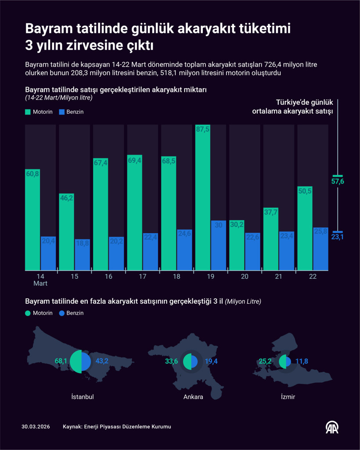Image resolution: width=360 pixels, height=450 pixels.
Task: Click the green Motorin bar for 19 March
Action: [202, 198]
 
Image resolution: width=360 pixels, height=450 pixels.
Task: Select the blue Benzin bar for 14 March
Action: [48, 253]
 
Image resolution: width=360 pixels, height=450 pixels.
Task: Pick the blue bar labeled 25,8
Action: [321, 248]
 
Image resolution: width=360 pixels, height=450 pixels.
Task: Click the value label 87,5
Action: [202, 130]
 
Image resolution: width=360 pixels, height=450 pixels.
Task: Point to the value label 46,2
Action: [66, 198]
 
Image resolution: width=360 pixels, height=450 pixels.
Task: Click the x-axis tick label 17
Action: [142, 277]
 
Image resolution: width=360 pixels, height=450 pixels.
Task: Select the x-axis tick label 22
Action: [313, 277]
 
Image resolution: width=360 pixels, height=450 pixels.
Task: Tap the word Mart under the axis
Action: [40, 283]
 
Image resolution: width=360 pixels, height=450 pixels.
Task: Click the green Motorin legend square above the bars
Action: [28, 112]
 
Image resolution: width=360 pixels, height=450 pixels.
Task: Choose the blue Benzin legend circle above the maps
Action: [62, 313]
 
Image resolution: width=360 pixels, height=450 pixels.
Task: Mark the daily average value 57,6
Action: [338, 181]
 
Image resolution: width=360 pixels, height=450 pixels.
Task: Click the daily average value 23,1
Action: [338, 237]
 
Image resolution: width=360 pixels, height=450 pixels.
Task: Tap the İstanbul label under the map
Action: [82, 397]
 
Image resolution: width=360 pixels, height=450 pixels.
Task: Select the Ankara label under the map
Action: [193, 397]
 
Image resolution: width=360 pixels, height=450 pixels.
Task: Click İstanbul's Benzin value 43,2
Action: [102, 361]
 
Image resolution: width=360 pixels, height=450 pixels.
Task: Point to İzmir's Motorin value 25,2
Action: [265, 361]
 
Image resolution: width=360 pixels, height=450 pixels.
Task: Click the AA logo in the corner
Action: [331, 427]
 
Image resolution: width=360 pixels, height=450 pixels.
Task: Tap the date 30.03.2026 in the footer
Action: [36, 427]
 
